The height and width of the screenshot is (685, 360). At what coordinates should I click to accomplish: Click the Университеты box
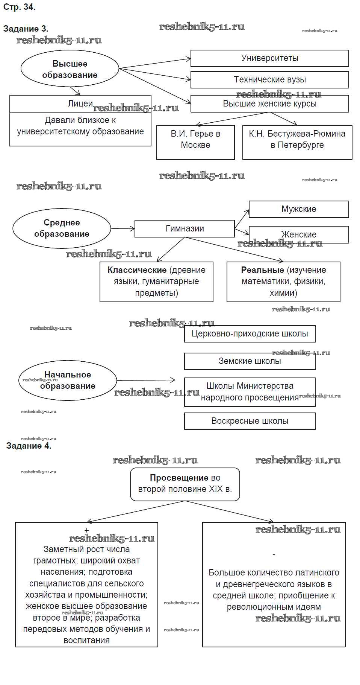269,58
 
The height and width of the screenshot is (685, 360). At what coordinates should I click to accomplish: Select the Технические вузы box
269,80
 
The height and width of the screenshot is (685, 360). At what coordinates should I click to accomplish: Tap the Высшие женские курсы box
269,104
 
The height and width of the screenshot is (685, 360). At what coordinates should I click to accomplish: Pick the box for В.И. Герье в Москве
195,142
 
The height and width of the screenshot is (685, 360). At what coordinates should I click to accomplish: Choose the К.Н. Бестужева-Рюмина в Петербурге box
297,142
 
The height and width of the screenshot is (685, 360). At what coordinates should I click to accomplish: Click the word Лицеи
80,104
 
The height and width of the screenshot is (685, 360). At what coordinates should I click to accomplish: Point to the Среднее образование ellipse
62,228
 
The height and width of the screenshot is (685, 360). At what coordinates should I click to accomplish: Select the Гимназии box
185,228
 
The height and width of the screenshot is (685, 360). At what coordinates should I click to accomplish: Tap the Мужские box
299,209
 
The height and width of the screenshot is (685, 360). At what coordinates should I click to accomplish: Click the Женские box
299,234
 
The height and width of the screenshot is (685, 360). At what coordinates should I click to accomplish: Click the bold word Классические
137,270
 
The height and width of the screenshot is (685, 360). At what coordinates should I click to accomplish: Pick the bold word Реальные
262,270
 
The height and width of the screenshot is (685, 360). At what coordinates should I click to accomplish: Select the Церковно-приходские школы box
250,334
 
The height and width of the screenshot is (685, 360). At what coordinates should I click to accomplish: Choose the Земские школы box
250,361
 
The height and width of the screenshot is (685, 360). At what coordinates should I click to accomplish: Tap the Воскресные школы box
250,421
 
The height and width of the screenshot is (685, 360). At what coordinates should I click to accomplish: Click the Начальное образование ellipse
68,381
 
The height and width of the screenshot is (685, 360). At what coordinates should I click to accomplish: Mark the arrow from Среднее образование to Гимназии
123,228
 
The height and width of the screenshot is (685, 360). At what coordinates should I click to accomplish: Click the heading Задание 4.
29,446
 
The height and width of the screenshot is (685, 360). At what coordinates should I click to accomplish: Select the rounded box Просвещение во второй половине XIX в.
185,484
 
